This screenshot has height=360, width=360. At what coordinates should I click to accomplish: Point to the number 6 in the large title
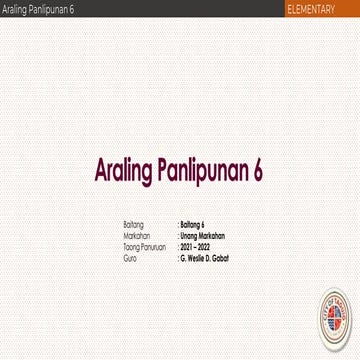[257, 170]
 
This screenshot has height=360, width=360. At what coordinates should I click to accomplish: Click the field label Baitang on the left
[133, 225]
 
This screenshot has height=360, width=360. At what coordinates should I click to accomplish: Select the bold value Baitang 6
[192, 225]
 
